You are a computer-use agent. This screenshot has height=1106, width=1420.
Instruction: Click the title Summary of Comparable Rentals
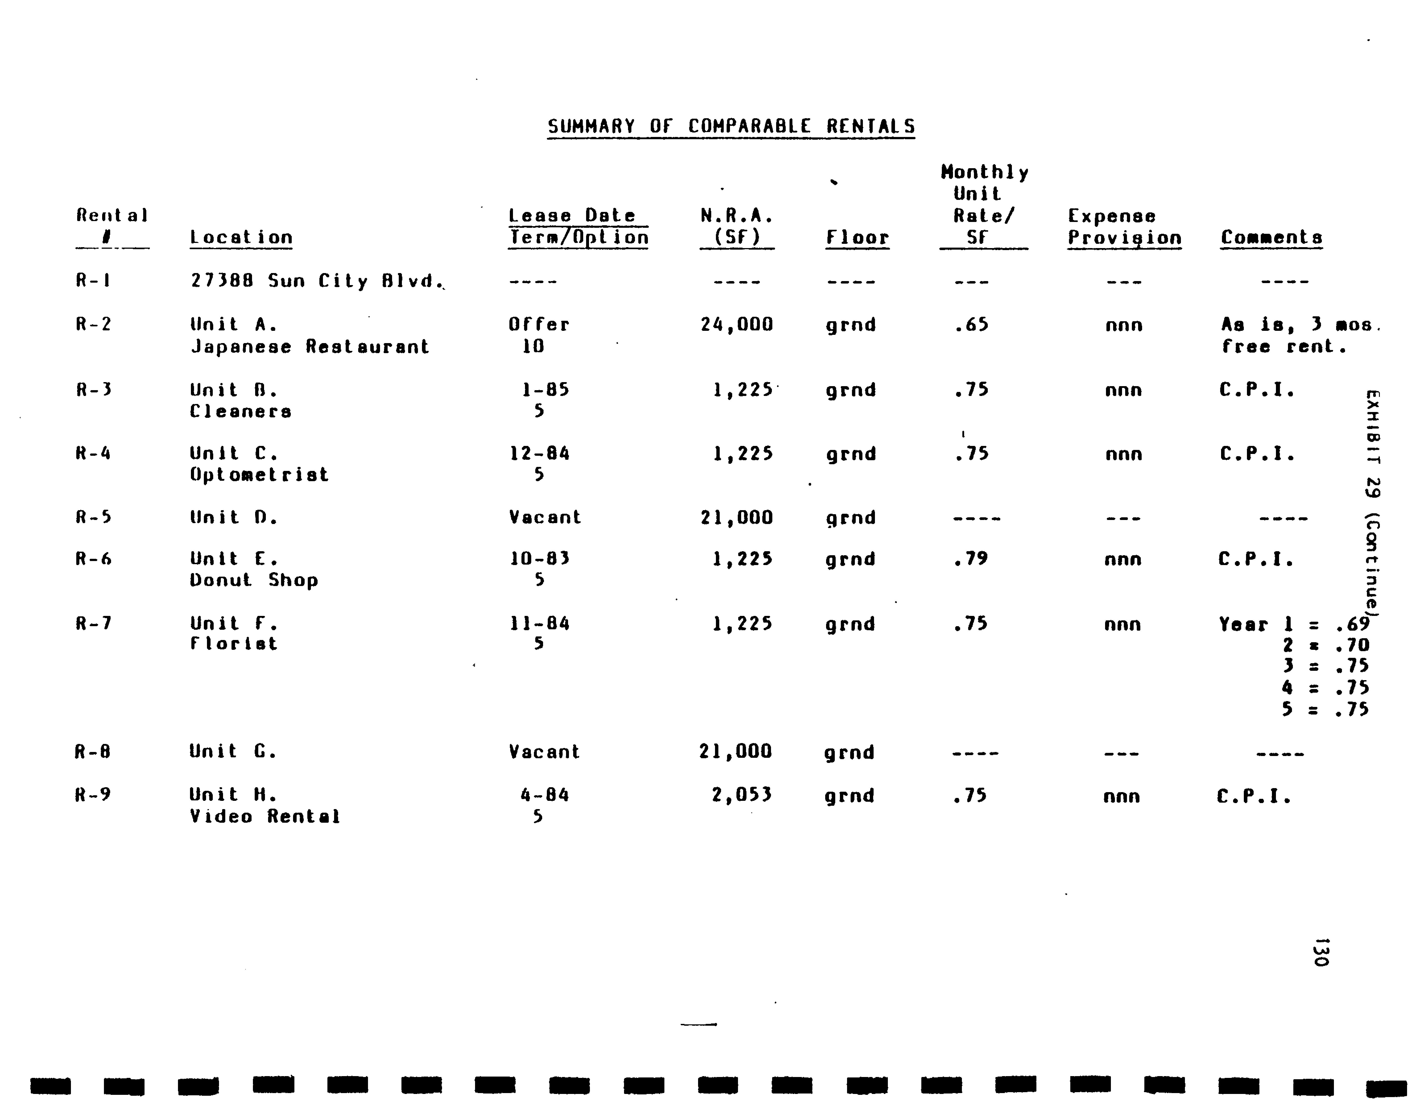pos(731,126)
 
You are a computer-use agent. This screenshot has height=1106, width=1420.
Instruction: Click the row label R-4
pos(93,453)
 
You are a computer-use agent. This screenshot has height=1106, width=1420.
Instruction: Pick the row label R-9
pos(93,795)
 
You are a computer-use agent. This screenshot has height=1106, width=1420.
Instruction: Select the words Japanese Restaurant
pos(310,347)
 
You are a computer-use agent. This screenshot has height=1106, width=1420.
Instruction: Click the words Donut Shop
pos(254,580)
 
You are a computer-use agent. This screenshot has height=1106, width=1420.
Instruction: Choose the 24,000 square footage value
pos(737,324)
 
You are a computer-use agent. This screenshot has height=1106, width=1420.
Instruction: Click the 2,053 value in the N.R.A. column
pos(741,795)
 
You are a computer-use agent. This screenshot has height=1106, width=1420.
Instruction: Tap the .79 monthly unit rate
pos(971,559)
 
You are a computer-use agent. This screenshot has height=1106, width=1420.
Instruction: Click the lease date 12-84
pos(539,453)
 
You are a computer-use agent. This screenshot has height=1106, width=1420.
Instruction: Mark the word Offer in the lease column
pos(538,324)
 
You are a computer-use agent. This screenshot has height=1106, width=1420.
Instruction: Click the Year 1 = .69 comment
pos(1294,624)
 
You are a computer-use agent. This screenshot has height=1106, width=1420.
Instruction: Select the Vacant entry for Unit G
pos(544,752)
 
